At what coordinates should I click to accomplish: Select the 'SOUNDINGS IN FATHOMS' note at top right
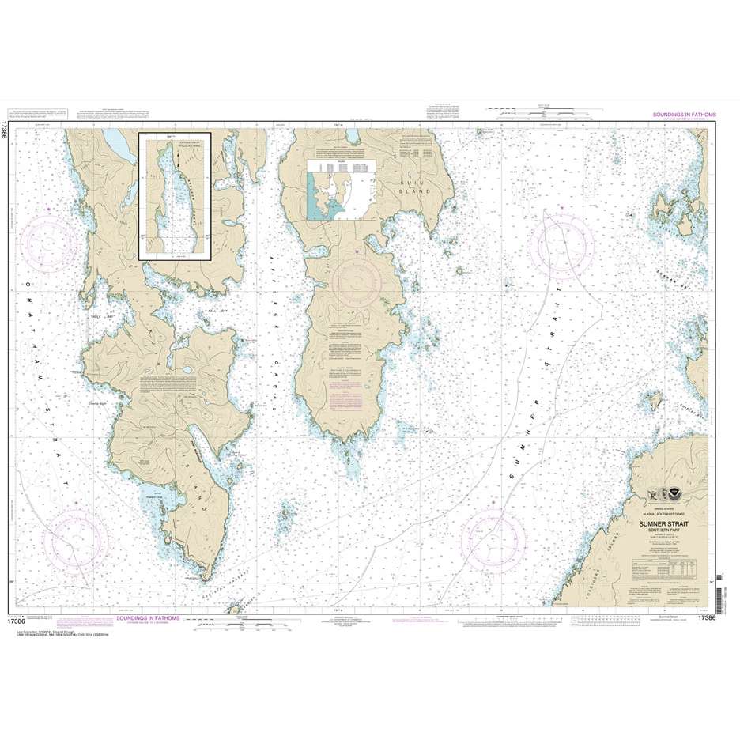(x=684, y=115)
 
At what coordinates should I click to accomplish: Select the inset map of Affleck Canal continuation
(x=175, y=195)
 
